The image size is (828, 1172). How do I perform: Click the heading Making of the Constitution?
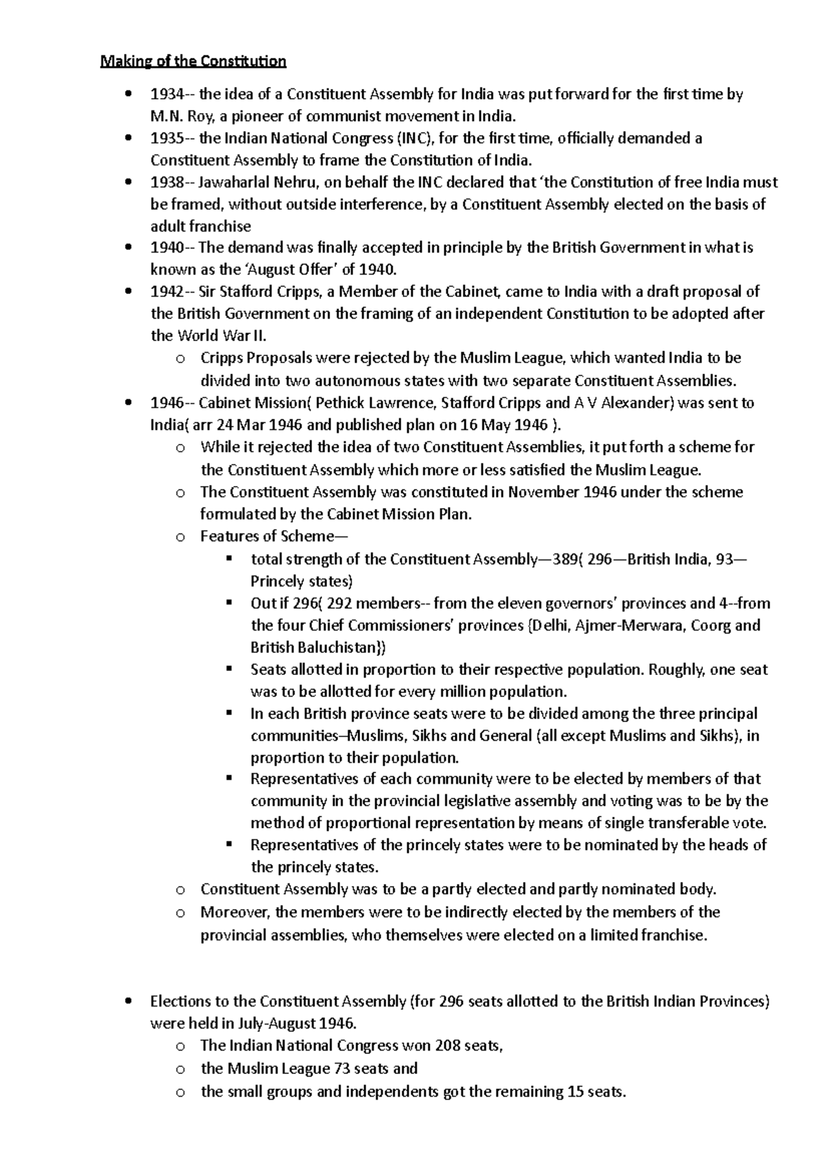pos(193,61)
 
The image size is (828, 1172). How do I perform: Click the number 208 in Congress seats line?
pos(448,1045)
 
